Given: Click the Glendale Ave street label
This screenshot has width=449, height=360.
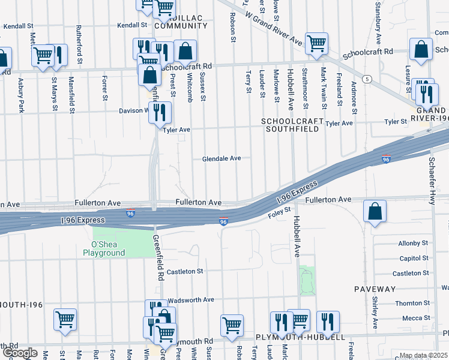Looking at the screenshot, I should (221, 158).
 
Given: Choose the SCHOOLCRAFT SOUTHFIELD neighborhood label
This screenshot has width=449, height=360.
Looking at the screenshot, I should (291, 125).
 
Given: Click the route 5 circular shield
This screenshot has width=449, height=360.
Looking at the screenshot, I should (366, 79).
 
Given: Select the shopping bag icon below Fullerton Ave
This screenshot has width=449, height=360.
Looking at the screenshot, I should (375, 212).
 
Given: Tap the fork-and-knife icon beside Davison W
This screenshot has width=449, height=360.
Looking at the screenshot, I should (160, 112).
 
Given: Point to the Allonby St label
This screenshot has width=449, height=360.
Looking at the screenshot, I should (413, 244).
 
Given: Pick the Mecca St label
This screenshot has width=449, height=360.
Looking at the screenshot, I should (416, 318).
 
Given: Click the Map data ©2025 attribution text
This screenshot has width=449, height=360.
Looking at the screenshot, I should (424, 356).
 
